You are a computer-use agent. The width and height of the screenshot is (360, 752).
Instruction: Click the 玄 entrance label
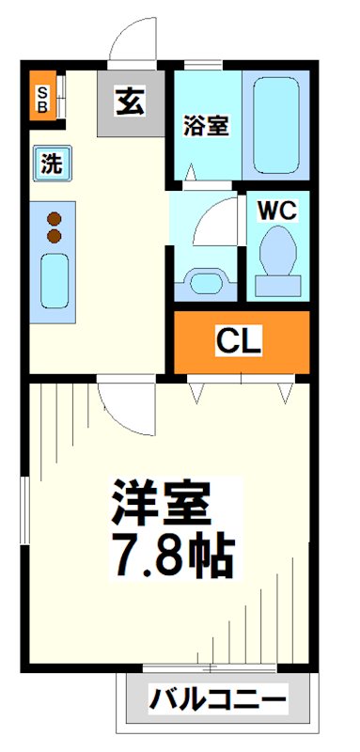(x=131, y=102)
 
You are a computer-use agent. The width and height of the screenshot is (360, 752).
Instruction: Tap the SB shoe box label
(x=42, y=97)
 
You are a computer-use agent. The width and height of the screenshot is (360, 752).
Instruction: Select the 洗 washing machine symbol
(x=50, y=164)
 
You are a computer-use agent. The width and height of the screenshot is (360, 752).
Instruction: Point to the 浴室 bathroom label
(x=205, y=126)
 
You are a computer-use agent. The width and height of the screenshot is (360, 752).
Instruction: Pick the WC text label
(x=277, y=210)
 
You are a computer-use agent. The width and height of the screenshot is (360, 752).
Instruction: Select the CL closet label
(x=239, y=342)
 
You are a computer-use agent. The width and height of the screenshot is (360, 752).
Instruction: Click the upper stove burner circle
(x=54, y=215)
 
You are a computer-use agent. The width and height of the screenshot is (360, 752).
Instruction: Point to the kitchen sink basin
(x=54, y=281)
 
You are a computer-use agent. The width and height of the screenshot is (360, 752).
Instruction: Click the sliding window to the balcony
(x=209, y=669)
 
